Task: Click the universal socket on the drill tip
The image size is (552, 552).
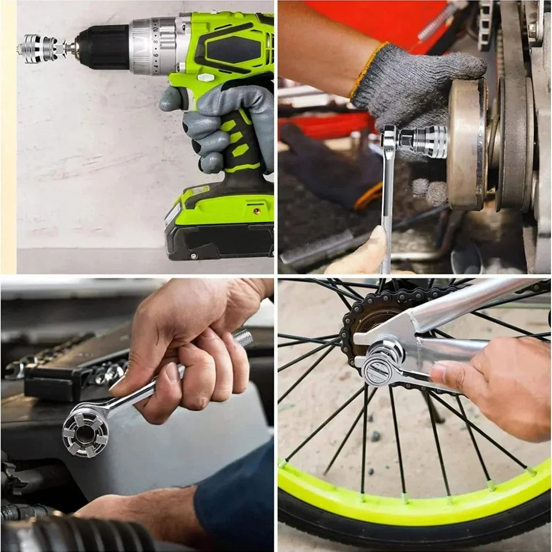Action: point(42,48)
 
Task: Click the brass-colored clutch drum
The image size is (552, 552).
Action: point(466,143)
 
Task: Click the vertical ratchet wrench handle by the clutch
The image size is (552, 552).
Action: point(387,210)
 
